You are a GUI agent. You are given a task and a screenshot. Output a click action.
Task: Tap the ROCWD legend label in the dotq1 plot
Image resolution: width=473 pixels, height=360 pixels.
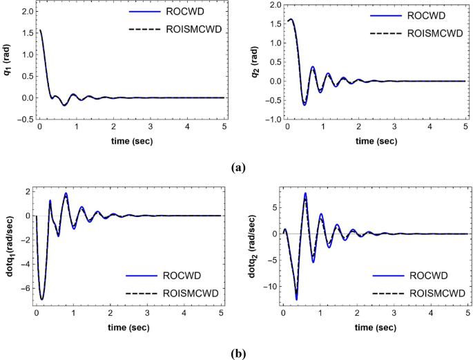pyautogui.click(x=180, y=275)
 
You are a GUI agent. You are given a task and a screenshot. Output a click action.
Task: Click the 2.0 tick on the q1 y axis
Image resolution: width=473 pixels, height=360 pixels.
pyautogui.click(x=25, y=12)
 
